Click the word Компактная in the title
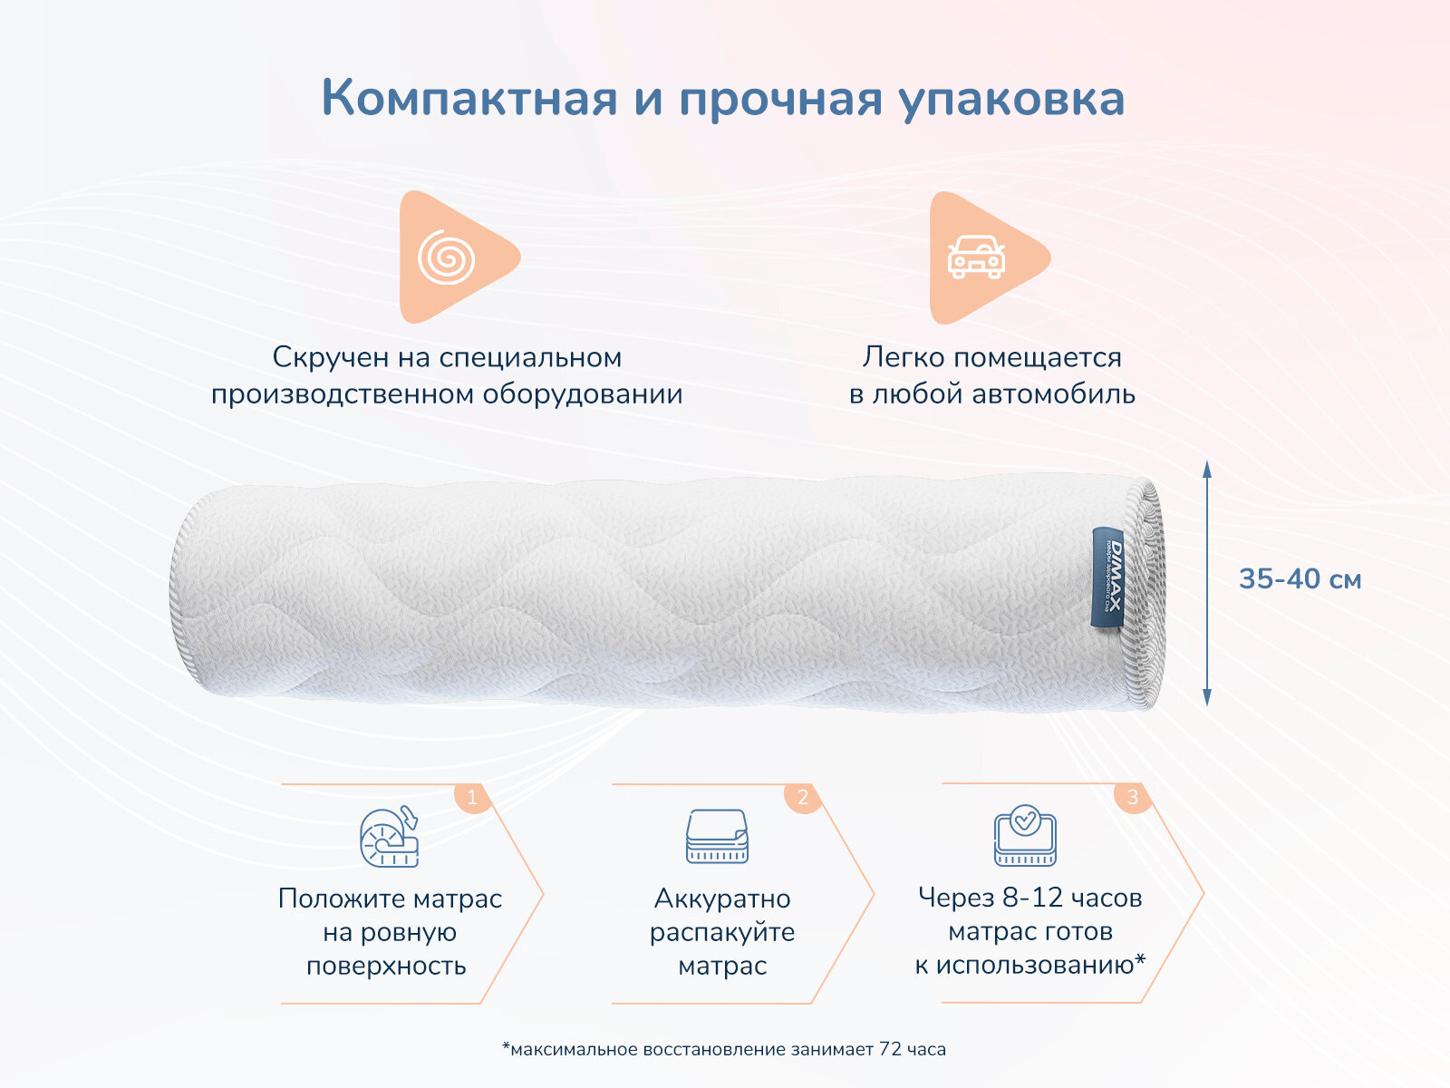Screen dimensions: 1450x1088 (x=469, y=98)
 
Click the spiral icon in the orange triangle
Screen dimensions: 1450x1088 (x=447, y=258)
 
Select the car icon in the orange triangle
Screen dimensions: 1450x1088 (x=975, y=257)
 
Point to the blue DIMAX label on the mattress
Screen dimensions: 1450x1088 (x=1107, y=578)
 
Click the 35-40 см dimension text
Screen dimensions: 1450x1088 (x=1300, y=579)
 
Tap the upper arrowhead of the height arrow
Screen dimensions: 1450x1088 (x=1207, y=469)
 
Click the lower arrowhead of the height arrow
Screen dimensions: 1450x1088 (x=1207, y=696)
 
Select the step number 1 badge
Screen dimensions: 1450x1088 (x=471, y=799)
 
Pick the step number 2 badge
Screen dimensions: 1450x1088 (x=802, y=799)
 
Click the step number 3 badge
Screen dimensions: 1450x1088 (x=1132, y=798)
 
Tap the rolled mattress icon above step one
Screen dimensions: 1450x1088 (x=389, y=836)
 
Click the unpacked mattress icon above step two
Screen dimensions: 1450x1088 (x=717, y=836)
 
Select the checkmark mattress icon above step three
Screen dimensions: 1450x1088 (x=1025, y=835)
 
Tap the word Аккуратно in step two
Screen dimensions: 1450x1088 (x=722, y=899)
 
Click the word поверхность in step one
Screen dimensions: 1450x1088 (x=386, y=966)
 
